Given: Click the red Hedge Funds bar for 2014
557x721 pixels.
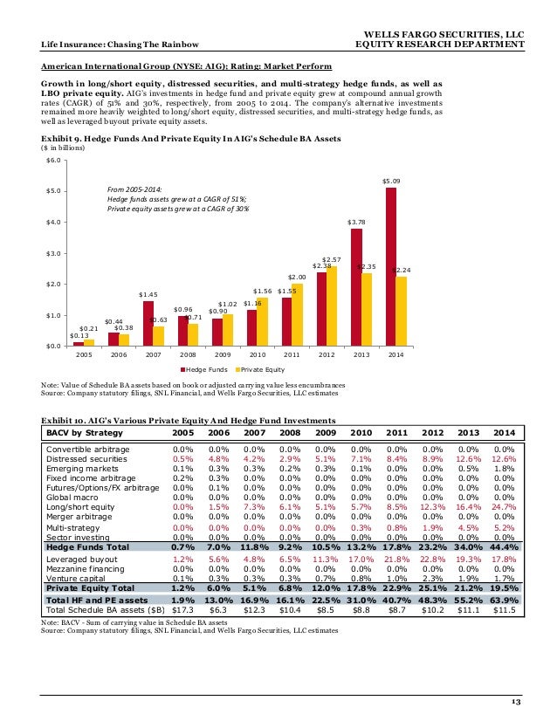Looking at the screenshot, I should (390, 266).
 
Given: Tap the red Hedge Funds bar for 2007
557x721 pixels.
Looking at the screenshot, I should (148, 323).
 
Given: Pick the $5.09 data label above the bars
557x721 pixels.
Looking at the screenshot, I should (390, 181).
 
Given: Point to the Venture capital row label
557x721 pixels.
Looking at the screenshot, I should (75, 579).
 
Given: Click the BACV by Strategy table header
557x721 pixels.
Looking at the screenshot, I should (85, 432).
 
